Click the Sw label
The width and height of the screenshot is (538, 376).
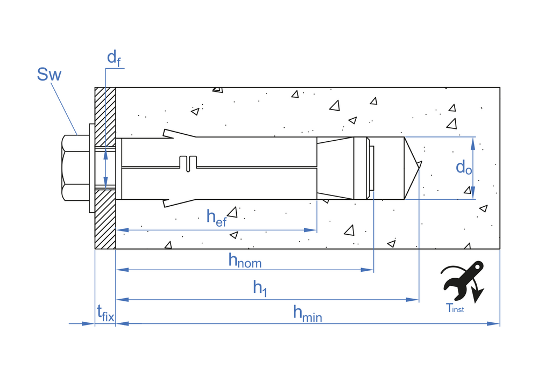[49, 74]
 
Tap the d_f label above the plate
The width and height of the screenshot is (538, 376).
[114, 57]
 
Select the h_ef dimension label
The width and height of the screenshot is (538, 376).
[216, 216]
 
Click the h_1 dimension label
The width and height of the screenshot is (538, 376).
[260, 288]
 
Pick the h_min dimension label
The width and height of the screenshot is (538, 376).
[307, 313]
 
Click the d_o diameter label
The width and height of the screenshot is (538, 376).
[463, 167]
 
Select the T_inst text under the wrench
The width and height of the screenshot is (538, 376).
[455, 308]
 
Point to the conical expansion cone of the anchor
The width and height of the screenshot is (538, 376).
[335, 168]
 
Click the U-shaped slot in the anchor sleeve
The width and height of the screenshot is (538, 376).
[187, 163]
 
